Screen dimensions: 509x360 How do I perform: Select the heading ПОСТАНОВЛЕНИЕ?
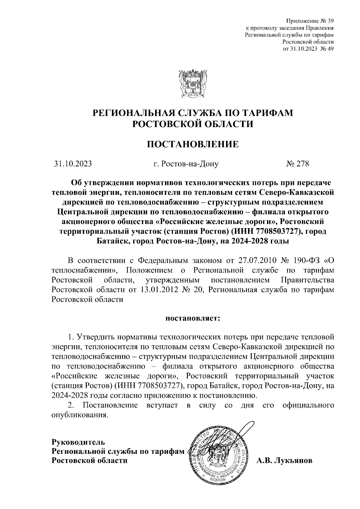193,144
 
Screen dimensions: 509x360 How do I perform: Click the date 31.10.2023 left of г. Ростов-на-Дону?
73,164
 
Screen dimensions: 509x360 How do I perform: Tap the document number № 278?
298,164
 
